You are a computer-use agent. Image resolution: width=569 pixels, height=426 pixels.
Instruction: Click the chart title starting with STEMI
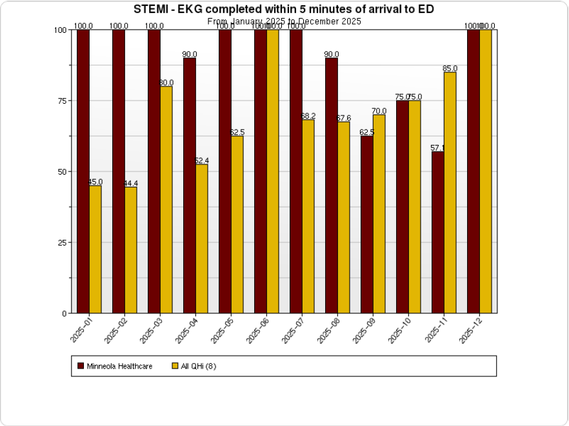pos(284,9)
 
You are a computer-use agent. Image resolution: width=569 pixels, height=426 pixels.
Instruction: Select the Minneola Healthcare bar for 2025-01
pos(83,171)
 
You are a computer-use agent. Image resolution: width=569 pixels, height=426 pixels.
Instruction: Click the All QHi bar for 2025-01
pos(95,249)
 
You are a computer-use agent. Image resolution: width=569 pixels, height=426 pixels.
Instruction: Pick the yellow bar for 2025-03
pos(166,200)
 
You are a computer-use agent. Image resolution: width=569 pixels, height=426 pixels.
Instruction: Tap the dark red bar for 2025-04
pos(190,186)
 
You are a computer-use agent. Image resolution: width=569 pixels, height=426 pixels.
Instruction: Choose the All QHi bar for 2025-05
pos(237,224)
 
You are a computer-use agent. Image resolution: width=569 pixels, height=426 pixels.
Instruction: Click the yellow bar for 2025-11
pos(450,193)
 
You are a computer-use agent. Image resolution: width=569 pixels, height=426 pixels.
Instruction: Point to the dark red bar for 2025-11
pos(438,232)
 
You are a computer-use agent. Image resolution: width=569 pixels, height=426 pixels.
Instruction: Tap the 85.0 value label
pos(450,68)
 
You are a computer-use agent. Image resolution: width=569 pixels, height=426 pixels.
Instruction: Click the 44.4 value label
pos(131,183)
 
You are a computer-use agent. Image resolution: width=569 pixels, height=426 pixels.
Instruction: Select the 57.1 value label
pos(437,148)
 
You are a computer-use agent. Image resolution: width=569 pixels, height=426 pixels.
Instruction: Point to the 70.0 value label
pos(379,110)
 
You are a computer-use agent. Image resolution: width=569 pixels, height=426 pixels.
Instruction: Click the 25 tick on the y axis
pos(61,242)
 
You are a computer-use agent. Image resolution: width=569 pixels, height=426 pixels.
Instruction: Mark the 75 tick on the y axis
pos(61,101)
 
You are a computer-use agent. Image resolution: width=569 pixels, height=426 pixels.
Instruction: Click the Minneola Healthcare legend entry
pos(115,366)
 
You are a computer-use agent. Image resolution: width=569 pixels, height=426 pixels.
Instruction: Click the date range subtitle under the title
pos(284,21)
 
